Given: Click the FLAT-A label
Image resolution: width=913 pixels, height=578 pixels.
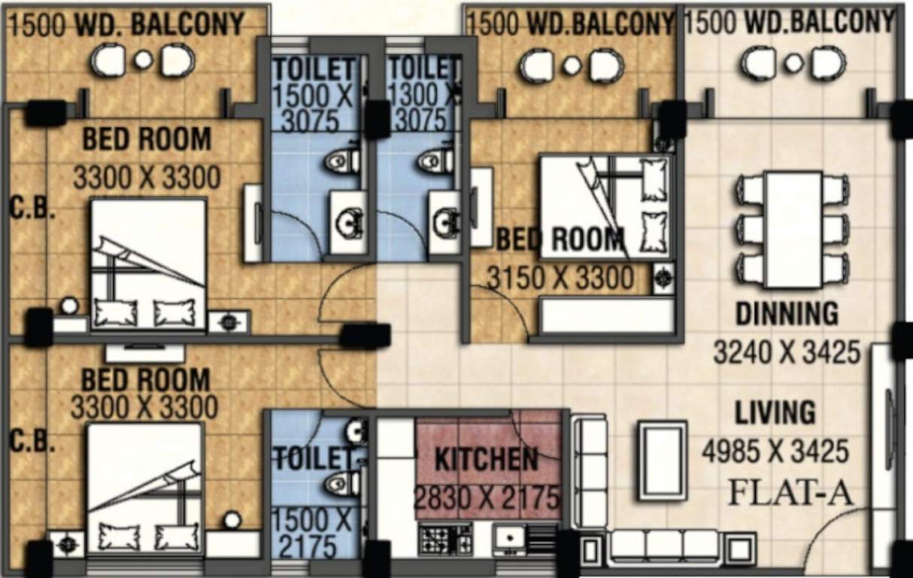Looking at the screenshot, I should click(790, 494).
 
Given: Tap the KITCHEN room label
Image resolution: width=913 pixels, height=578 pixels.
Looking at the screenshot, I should click(487, 459).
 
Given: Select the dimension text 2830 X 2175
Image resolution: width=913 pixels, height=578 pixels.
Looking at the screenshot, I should click(487, 498).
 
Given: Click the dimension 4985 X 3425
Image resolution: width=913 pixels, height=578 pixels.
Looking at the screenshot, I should click(775, 452).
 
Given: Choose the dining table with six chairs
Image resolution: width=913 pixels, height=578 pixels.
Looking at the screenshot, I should click(793, 229).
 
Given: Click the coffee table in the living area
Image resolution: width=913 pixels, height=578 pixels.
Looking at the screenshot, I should click(662, 461).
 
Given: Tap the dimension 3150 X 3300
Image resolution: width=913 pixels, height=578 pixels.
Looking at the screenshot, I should click(560, 278).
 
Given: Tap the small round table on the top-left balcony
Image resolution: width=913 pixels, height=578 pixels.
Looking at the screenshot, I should click(144, 60).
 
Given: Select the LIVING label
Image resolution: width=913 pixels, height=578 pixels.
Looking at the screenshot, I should click(775, 413).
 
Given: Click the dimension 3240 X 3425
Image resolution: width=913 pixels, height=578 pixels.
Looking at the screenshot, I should click(787, 351).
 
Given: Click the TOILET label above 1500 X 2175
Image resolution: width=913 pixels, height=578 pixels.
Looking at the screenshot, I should click(313, 458).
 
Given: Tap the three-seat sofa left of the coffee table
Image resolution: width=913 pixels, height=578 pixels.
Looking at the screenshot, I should click(589, 470).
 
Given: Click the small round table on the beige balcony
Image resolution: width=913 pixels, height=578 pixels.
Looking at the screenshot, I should click(793, 63).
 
